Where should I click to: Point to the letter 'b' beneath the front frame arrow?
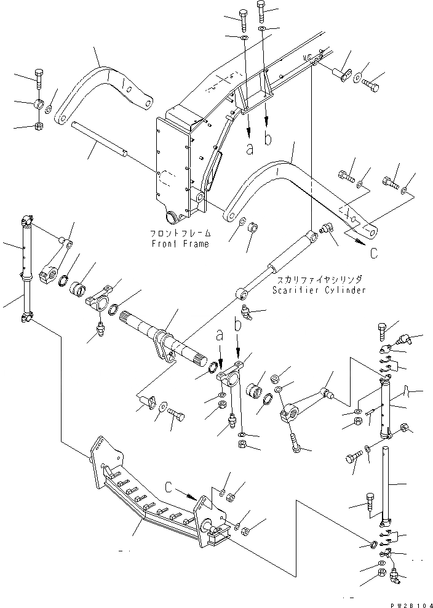268,140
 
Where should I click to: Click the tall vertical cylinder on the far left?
26,265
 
